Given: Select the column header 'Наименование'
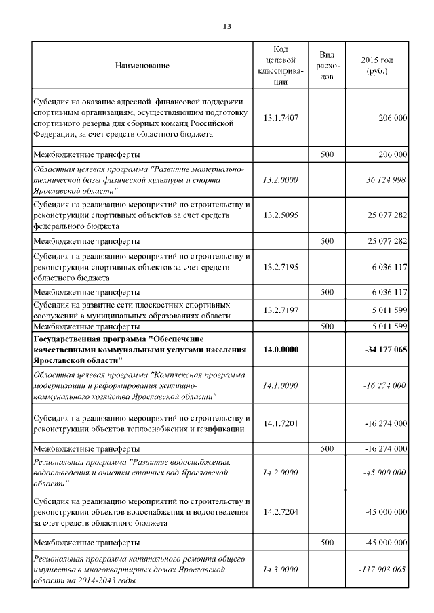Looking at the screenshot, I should (x=142, y=66).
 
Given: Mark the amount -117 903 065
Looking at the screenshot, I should (x=381, y=570).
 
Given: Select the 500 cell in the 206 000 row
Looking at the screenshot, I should (x=327, y=154).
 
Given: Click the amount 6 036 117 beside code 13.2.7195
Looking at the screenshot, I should (x=389, y=268).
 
